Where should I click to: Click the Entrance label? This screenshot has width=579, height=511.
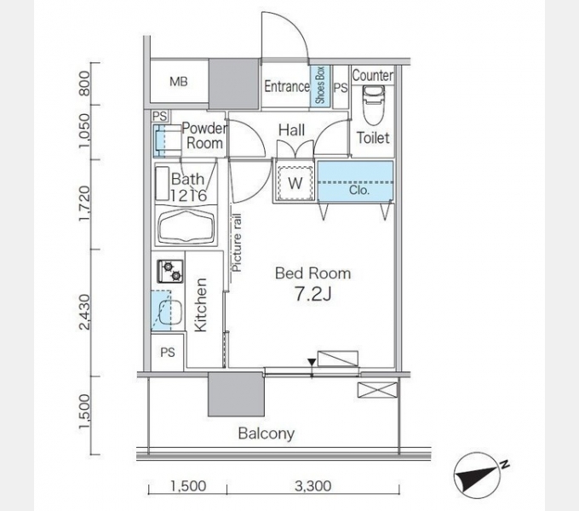[287, 86]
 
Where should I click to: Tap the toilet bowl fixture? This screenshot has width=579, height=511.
[374, 106]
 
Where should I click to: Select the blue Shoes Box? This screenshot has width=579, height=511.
[320, 86]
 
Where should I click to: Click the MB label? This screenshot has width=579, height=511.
[179, 81]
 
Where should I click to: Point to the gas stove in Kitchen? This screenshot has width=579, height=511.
[170, 272]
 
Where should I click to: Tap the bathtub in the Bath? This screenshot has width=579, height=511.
[186, 227]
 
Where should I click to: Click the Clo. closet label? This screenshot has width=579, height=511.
[359, 191]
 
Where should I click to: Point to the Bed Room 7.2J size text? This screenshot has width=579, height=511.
[312, 295]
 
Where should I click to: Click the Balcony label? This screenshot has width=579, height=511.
[267, 433]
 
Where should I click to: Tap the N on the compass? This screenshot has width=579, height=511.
[505, 464]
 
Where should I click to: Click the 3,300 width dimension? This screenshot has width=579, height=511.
[312, 486]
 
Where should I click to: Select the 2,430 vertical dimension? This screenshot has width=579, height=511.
[84, 312]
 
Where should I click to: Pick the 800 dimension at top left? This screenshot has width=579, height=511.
[84, 83]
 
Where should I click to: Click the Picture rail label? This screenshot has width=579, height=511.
[237, 243]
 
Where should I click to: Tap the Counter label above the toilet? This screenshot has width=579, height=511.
[373, 75]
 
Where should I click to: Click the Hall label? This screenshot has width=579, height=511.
[292, 130]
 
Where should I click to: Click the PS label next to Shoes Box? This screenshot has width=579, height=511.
[341, 88]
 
